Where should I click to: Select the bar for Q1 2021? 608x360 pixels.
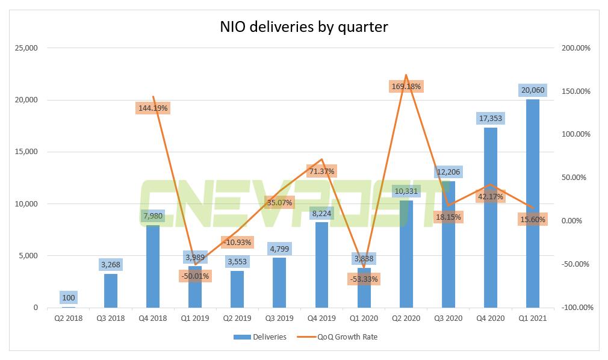click(533, 205)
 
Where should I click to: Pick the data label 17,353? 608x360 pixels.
click(491, 119)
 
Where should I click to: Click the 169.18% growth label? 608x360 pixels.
click(406, 86)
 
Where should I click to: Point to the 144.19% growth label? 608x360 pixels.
click(153, 108)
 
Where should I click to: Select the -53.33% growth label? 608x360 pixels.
click(364, 279)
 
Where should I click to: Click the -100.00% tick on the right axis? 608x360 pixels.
click(577, 308)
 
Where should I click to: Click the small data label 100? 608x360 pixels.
click(69, 297)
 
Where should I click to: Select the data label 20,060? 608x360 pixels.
click(533, 90)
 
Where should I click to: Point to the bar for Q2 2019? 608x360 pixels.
click(237, 290)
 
